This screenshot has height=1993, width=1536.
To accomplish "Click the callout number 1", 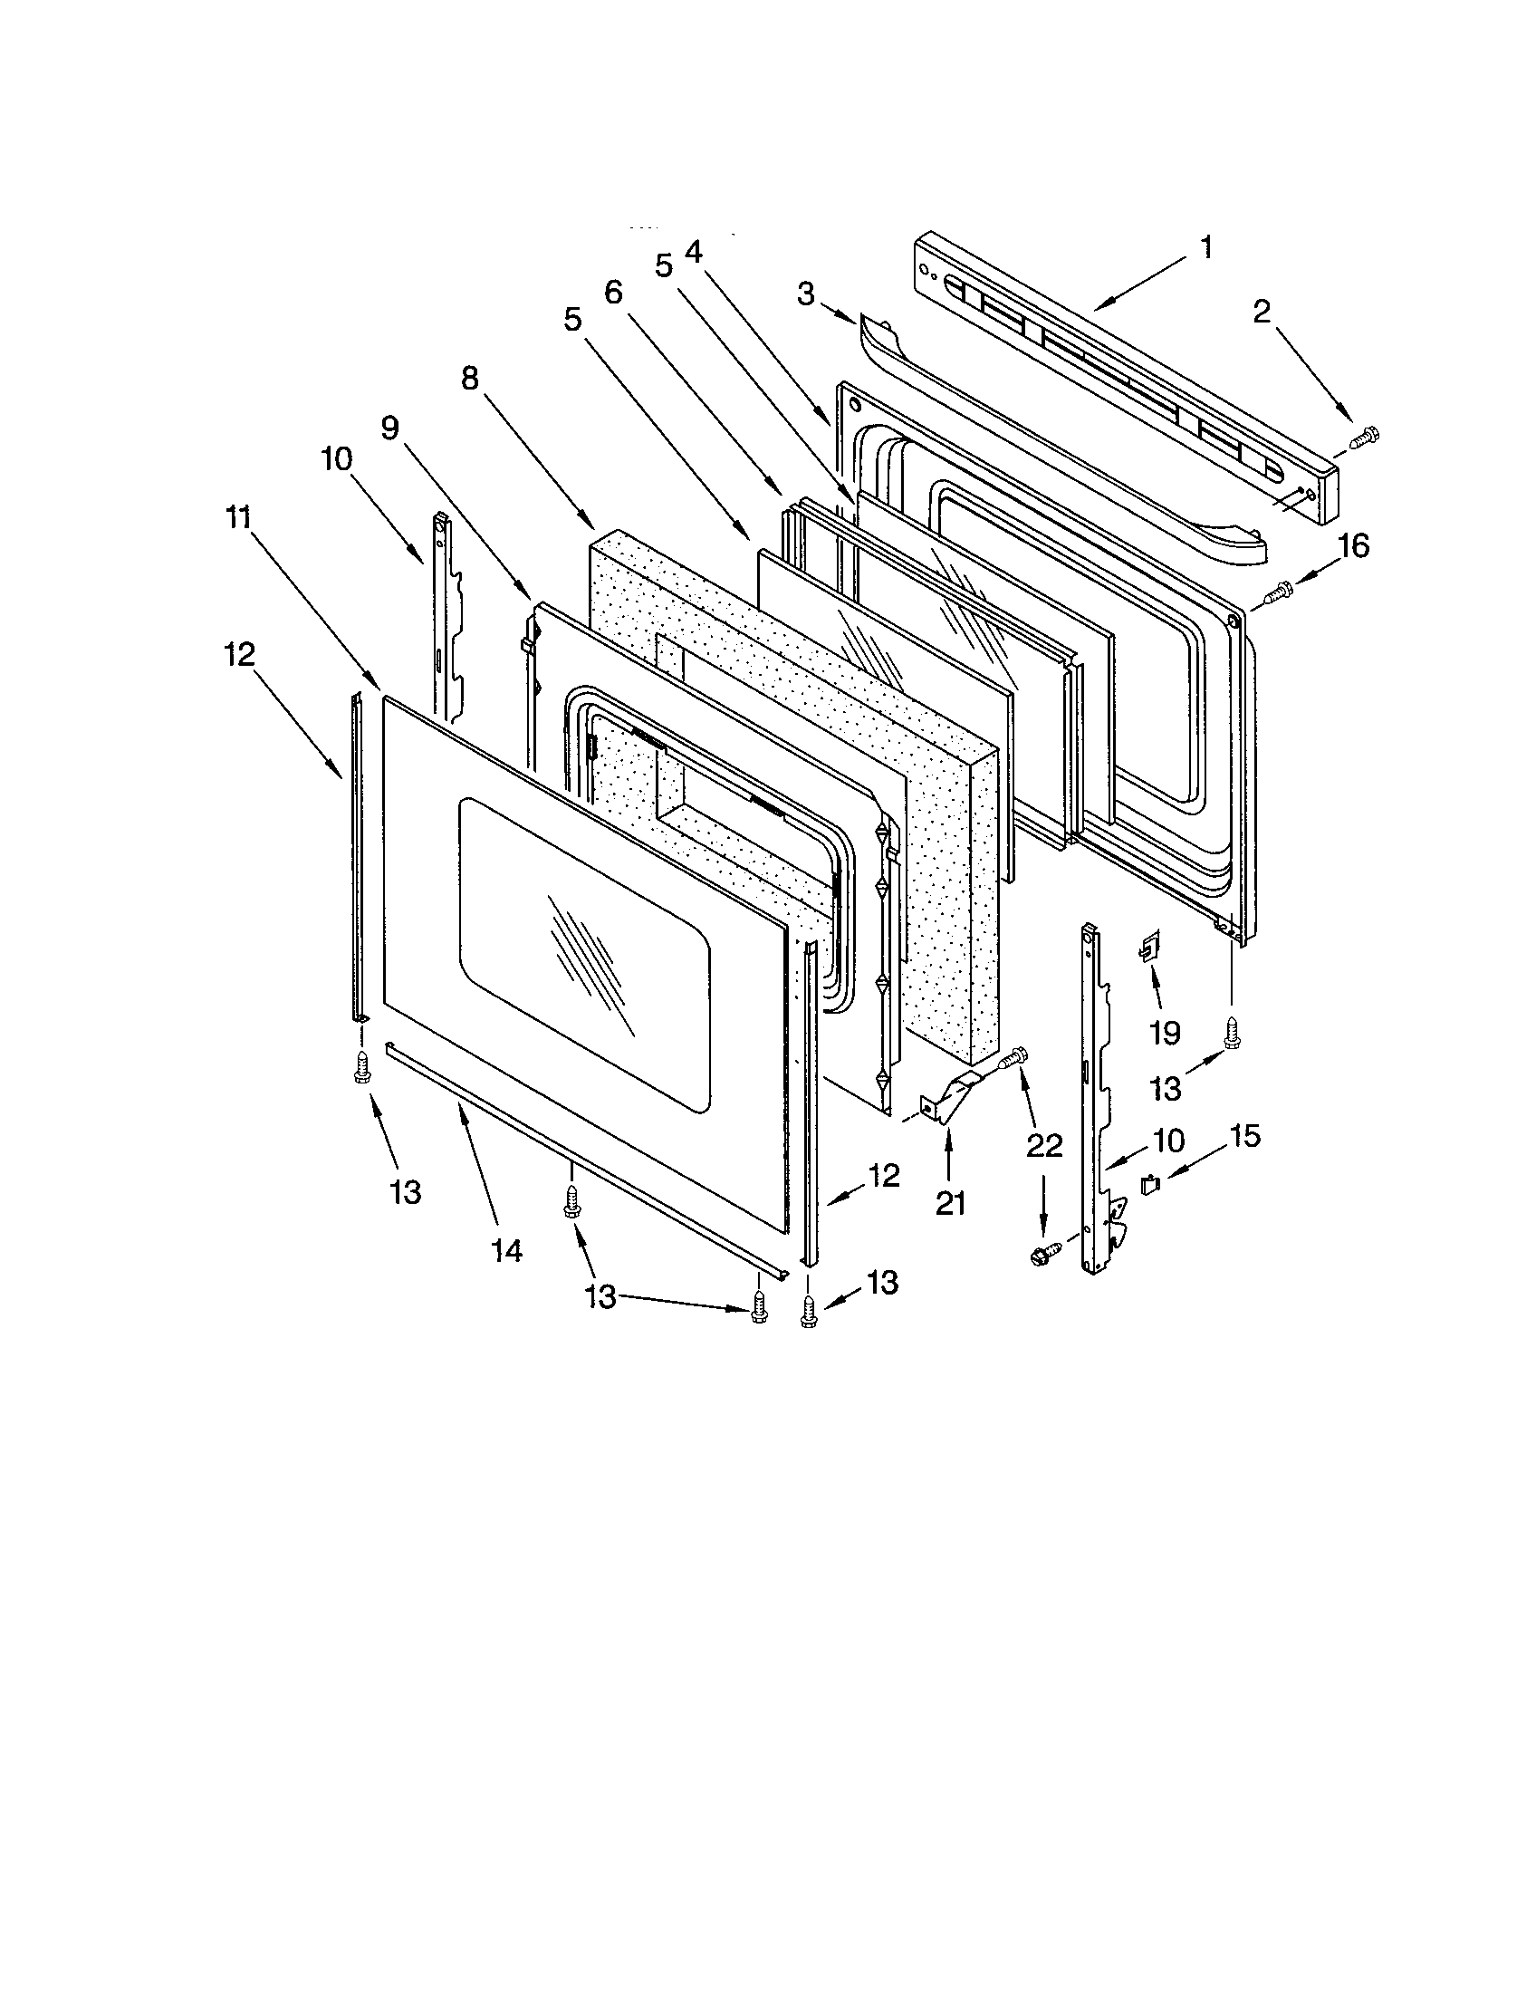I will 1205,246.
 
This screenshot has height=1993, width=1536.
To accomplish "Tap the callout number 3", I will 805,294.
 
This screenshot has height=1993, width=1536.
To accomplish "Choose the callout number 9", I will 390,428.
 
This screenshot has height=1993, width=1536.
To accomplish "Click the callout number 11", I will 238,517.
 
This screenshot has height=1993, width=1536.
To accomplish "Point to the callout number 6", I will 613,292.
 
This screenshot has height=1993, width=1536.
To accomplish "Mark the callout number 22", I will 1045,1146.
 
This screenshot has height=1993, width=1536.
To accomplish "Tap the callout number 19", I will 1166,1033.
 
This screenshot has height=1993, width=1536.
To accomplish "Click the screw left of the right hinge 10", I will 1043,1254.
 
